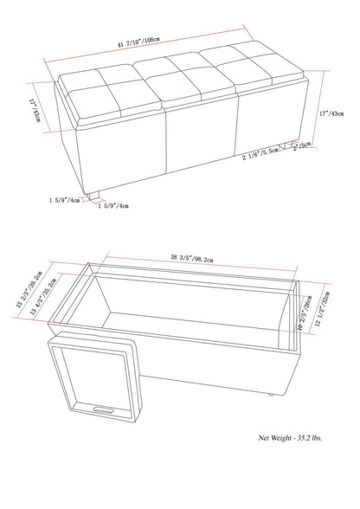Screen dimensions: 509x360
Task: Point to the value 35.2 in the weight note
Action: [x=305, y=488]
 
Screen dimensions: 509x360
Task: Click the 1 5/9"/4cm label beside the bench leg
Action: [x=64, y=198]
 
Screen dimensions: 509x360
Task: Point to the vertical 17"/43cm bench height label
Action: [x=337, y=112]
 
